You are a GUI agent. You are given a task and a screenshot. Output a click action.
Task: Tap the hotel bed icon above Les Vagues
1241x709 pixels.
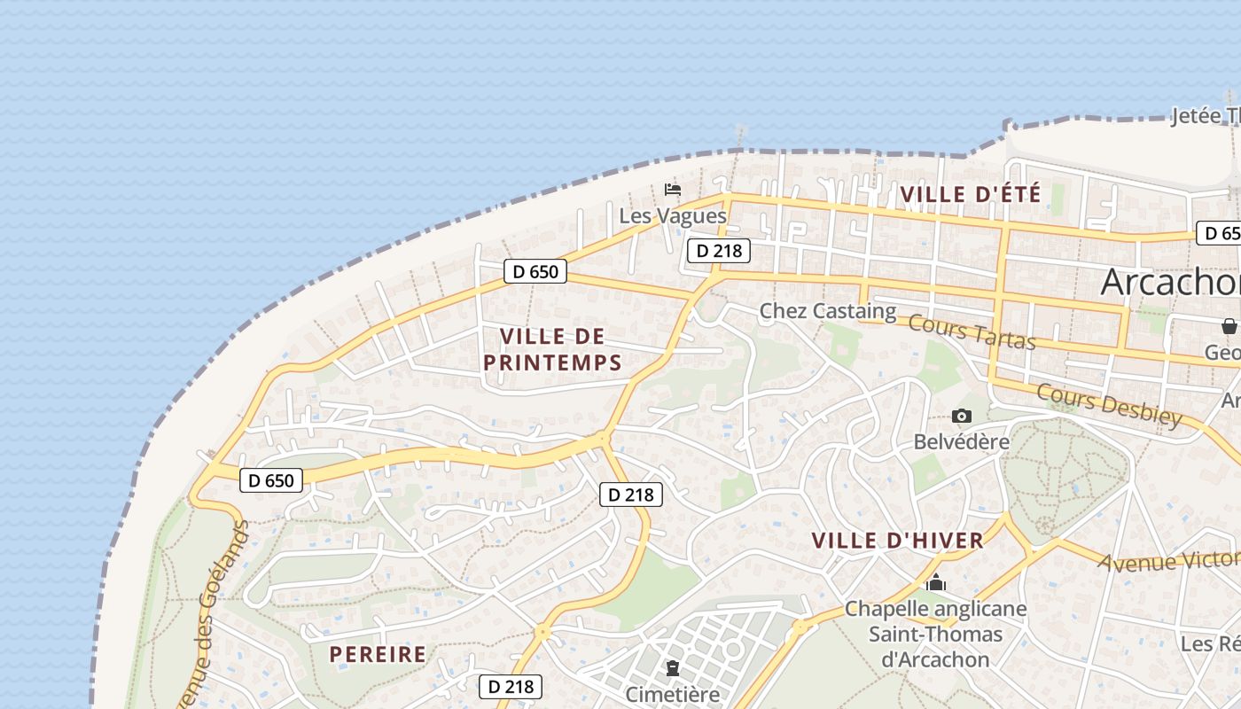point(673,189)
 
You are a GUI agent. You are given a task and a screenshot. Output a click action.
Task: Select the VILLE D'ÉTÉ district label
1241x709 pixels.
point(970,194)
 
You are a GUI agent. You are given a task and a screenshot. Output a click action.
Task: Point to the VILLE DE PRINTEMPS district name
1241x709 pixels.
point(552,349)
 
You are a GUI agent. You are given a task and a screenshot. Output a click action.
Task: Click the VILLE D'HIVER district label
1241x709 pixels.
point(897,541)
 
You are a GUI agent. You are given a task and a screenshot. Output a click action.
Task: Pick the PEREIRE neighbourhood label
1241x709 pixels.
point(378,655)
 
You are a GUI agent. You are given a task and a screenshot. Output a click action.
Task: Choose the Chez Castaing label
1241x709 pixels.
point(828,311)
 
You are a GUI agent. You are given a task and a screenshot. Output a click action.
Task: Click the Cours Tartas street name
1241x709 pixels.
point(972,331)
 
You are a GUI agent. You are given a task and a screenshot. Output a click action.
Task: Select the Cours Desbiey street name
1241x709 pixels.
point(1108,405)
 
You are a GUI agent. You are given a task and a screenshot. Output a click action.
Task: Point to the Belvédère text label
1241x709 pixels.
point(962,441)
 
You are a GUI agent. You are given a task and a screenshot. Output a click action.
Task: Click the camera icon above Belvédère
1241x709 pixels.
point(962,416)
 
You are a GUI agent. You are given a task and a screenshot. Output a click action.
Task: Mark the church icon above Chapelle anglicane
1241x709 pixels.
point(935,583)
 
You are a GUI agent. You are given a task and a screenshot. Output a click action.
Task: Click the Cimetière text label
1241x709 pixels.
point(673,694)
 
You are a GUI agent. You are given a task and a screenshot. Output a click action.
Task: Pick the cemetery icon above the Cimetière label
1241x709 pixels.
point(673,667)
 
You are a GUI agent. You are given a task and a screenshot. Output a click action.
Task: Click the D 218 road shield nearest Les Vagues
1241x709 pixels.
point(718,251)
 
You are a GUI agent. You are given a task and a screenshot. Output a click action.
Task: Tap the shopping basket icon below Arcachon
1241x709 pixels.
point(1229,326)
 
